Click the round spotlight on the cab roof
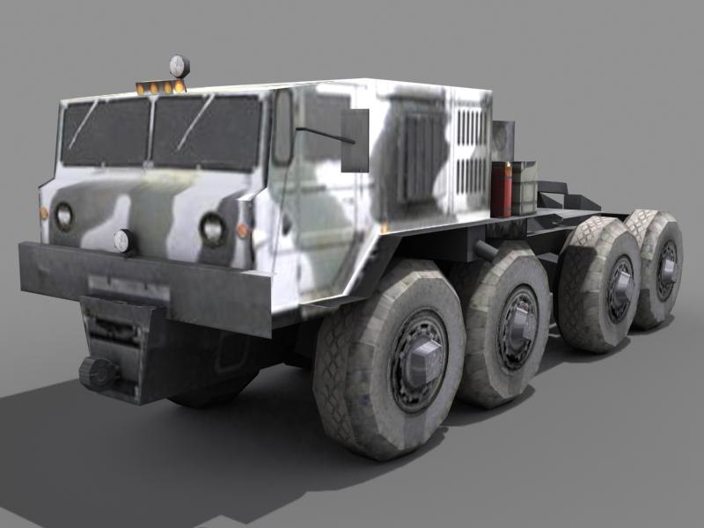179,65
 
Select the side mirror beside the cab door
355,140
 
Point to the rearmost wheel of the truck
658,268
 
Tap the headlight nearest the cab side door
212,229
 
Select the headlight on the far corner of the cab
63,216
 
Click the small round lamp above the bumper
124,240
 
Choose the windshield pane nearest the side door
208,132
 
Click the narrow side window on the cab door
283,127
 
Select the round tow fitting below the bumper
97,373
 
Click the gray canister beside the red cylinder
523,187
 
